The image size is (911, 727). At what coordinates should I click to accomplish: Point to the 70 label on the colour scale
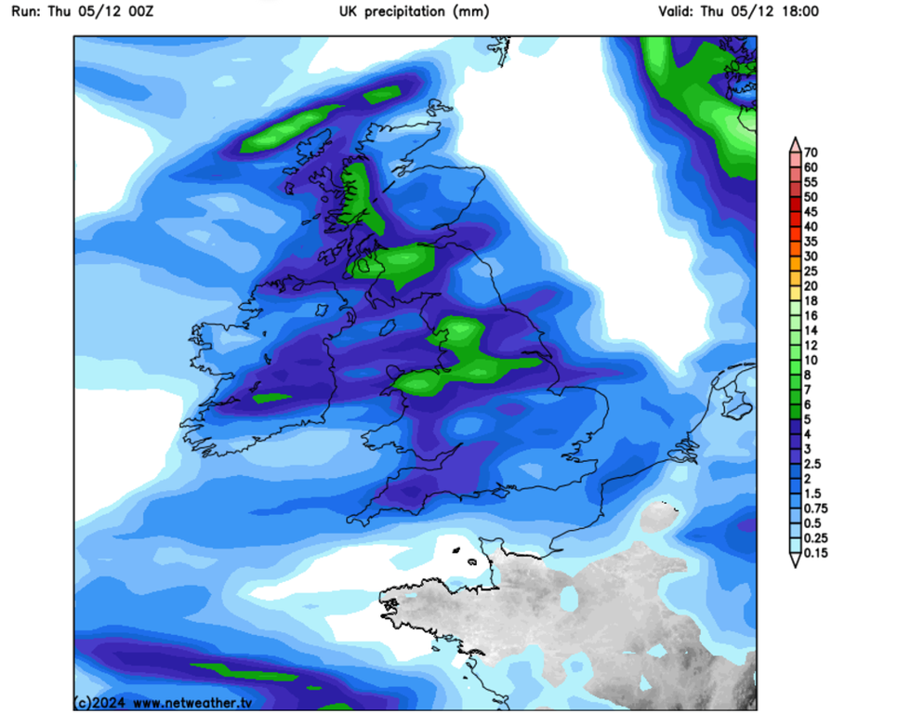pos(811,152)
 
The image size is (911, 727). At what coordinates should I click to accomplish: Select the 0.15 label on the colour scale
pos(817,553)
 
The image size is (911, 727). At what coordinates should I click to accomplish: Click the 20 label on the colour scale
pos(811,285)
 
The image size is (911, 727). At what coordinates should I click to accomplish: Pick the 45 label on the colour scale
pos(811,212)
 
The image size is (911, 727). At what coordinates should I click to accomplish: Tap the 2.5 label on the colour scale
pos(814,464)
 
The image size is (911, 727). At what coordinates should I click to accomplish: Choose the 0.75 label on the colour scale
pos(817,509)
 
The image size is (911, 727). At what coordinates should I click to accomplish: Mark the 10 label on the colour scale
pos(811,360)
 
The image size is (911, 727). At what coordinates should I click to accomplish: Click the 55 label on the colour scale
pos(811,182)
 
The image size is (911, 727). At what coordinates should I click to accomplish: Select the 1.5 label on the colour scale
pos(814,494)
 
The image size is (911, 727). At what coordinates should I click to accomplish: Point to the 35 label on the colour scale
pos(811,242)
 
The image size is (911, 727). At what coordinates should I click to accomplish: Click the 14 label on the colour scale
pos(811,330)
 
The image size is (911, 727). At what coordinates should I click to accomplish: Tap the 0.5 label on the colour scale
pos(814,523)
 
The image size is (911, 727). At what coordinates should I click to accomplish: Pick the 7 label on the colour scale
pos(808,390)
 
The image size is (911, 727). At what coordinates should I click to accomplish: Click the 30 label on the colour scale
pos(811,257)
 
